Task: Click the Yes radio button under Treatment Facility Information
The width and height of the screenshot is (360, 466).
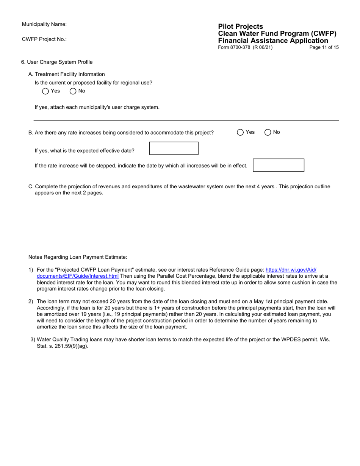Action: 45,91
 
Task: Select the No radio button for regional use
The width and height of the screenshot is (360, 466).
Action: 73,91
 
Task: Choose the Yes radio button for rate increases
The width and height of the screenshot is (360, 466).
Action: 240,132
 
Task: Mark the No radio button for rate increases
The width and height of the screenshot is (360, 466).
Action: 268,132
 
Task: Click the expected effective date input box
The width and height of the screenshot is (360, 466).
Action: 174,148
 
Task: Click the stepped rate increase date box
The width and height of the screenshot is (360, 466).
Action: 278,165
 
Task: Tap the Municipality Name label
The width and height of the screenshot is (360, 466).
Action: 44,24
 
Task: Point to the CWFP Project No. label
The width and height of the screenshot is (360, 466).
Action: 44,39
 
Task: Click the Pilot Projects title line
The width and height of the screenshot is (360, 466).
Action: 240,27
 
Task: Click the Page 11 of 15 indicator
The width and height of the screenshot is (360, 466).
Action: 324,47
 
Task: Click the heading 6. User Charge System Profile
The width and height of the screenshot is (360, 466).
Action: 57,62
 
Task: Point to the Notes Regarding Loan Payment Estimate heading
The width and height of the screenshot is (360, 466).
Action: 78,257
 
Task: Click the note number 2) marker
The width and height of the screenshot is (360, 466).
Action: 31,301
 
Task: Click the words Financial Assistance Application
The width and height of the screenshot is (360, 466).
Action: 273,41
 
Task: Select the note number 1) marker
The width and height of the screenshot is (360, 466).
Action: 31,270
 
